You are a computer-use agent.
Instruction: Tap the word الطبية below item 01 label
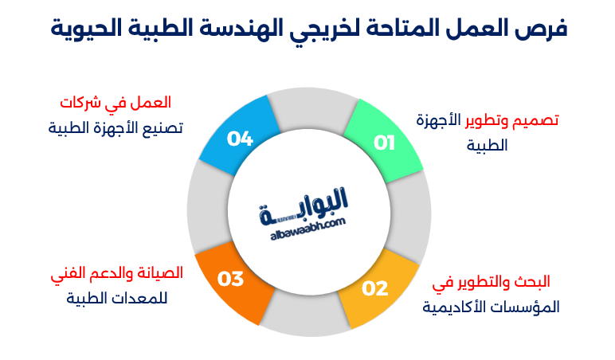[486, 146]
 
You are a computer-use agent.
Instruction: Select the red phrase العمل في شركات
[116, 103]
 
